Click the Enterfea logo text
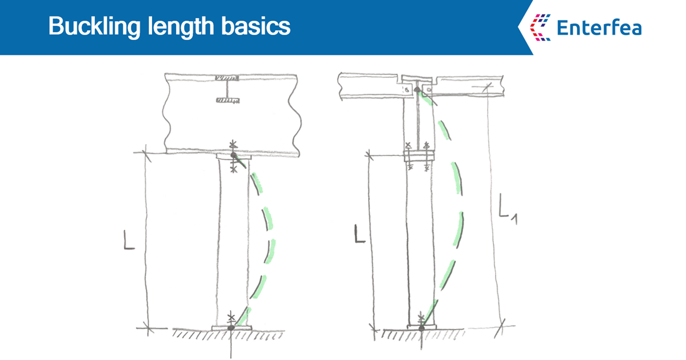(x=599, y=27)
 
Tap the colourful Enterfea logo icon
(x=540, y=27)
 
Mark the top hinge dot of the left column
(x=233, y=156)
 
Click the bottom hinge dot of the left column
(x=230, y=328)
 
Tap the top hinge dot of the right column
(x=418, y=89)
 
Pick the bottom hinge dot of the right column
(x=421, y=328)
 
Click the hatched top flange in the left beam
(x=228, y=78)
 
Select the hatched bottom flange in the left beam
(x=228, y=101)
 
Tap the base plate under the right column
(x=421, y=327)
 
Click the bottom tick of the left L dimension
(x=147, y=328)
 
